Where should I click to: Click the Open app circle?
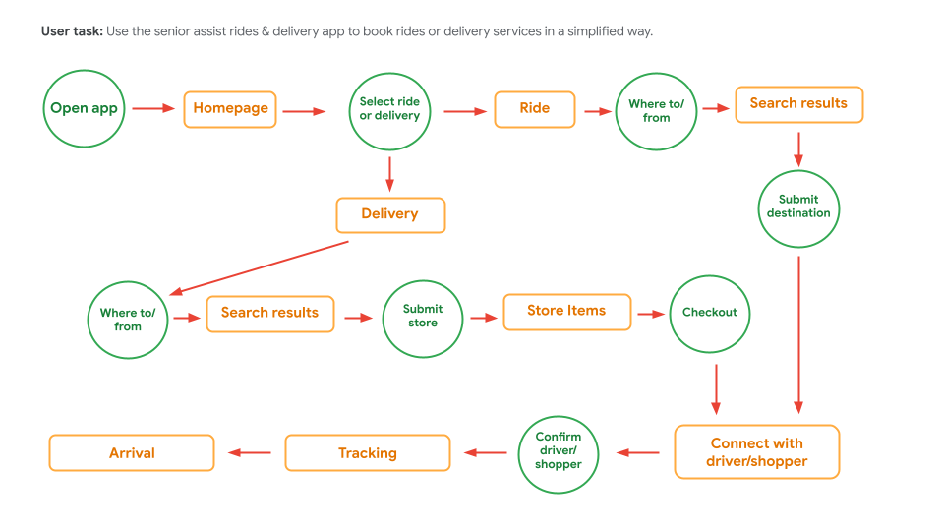84,108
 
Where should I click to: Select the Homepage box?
230,108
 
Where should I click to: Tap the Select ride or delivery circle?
389,109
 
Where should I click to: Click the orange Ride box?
535,109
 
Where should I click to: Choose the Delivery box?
390,214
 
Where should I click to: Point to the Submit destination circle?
798,206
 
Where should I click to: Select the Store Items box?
566,311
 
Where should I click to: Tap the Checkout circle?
710,313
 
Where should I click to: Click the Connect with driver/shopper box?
756,452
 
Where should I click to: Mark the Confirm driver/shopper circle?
559,451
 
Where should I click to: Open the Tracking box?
368,453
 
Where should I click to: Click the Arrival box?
132,453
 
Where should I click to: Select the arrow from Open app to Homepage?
153,108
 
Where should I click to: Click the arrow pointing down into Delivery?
390,174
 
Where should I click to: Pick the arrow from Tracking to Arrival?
250,453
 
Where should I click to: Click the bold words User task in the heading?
72,31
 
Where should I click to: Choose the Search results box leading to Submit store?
269,314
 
